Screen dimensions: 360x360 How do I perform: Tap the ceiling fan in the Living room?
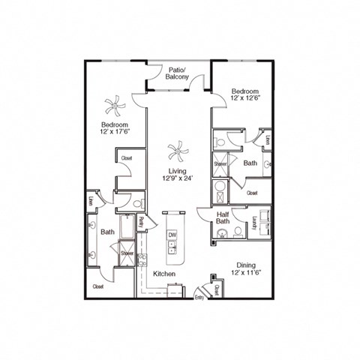click(178, 154)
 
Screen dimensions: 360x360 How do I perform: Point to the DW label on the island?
click(172, 235)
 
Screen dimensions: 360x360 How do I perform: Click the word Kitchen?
click(164, 274)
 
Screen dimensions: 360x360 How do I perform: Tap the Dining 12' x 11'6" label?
click(247, 269)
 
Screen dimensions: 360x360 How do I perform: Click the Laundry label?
click(255, 222)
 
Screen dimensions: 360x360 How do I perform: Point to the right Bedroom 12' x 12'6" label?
click(247, 91)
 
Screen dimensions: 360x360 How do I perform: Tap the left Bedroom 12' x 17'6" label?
click(115, 128)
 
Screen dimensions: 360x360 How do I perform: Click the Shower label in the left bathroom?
click(126, 253)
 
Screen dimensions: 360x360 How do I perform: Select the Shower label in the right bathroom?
click(220, 163)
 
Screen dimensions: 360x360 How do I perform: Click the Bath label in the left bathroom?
click(107, 232)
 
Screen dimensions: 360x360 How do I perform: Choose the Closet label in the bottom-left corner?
click(97, 286)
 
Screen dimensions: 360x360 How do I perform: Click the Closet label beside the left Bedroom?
click(125, 159)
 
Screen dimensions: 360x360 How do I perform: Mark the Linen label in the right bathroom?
click(267, 139)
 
